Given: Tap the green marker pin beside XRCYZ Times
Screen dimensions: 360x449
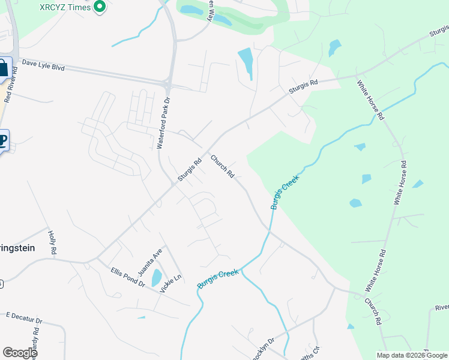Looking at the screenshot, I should (x=100, y=7).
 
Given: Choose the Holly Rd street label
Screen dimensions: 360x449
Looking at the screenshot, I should (x=53, y=242).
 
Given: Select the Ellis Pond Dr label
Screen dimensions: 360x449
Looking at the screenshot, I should (x=128, y=277).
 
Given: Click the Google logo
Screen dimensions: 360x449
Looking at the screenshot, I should (x=20, y=353).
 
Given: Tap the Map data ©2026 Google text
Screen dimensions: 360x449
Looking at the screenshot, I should (x=412, y=355).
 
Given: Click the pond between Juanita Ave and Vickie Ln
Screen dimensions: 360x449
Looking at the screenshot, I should (x=156, y=278).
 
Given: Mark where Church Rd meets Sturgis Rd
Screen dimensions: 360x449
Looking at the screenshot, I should (x=208, y=151).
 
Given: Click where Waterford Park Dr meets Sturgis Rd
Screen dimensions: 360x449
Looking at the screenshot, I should (x=174, y=184).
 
